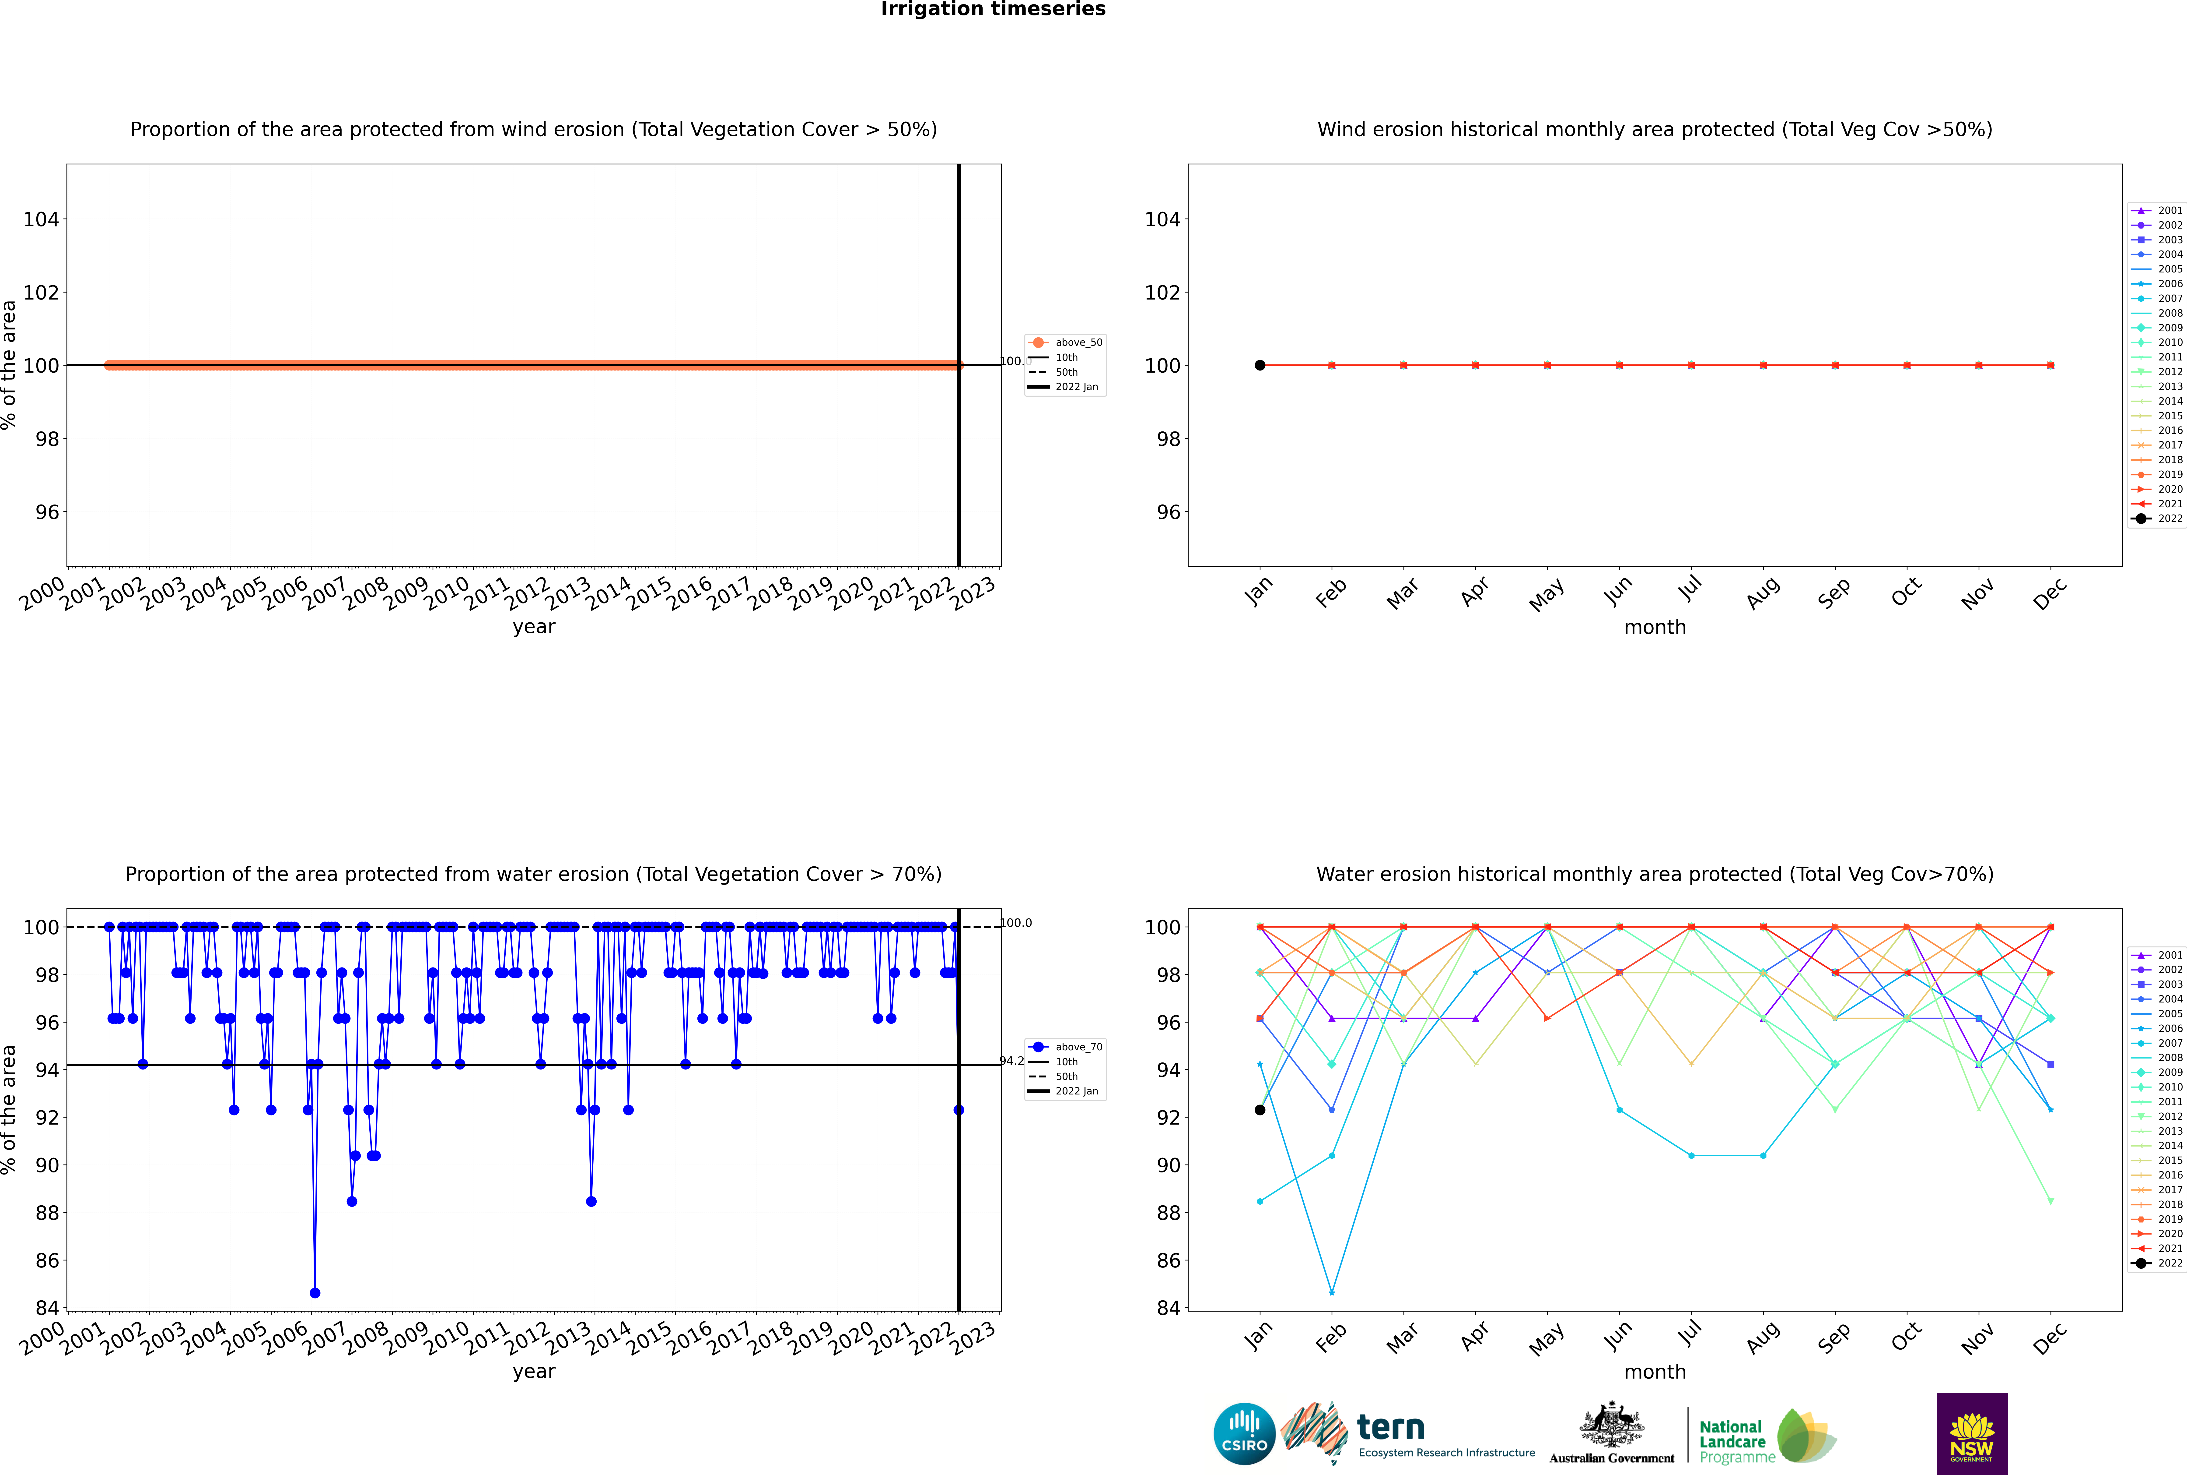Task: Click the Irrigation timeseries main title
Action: [x=993, y=9]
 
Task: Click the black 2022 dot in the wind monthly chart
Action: [x=1260, y=365]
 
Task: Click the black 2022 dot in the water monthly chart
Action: [x=1260, y=1110]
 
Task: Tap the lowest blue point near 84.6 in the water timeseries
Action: [x=315, y=1292]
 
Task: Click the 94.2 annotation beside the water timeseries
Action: [x=1012, y=1061]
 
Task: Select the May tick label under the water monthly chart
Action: [x=1547, y=1339]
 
